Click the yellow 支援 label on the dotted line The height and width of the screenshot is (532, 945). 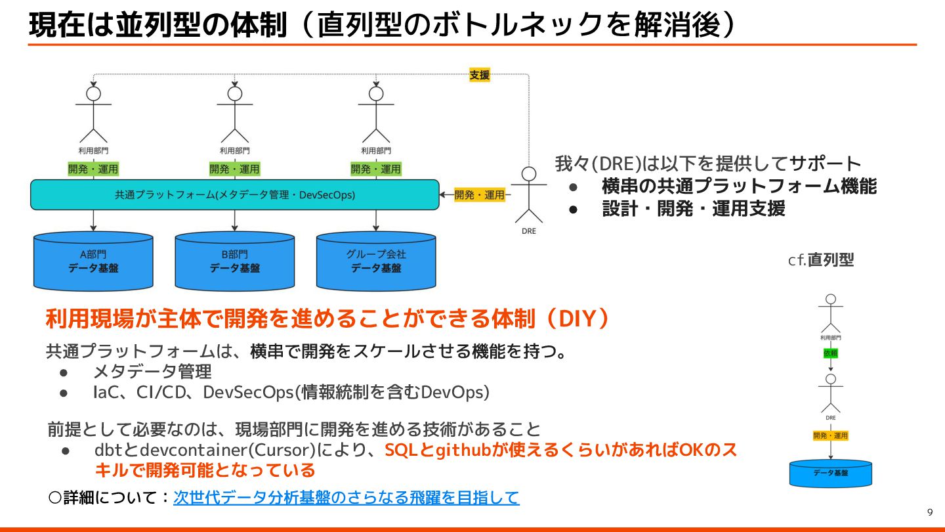pyautogui.click(x=479, y=75)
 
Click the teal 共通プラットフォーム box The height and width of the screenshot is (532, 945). pyautogui.click(x=234, y=194)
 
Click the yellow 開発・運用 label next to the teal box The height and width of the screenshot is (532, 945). pyautogui.click(x=480, y=194)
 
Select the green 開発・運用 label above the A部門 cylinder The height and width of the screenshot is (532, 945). pyautogui.click(x=93, y=169)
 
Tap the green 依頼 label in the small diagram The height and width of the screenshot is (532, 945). pyautogui.click(x=830, y=353)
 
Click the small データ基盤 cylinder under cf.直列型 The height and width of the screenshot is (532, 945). pyautogui.click(x=830, y=473)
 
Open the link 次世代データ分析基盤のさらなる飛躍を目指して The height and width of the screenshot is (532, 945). pyautogui.click(x=346, y=497)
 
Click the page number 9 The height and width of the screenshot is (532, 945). pyautogui.click(x=929, y=512)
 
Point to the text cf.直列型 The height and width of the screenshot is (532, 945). pyautogui.click(x=821, y=260)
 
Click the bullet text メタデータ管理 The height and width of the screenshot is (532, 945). pyautogui.click(x=152, y=372)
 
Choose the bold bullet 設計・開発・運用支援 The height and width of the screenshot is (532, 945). pyautogui.click(x=694, y=209)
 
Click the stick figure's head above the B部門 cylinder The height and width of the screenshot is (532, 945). pyautogui.click(x=235, y=93)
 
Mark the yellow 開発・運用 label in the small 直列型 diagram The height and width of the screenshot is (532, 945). pyautogui.click(x=830, y=435)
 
